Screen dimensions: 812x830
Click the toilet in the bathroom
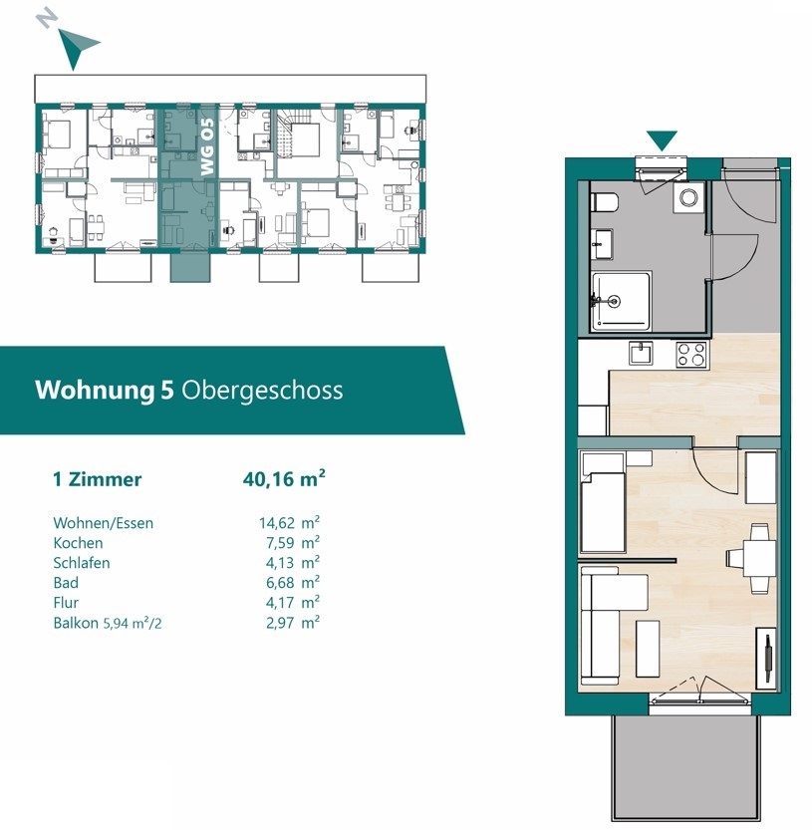(x=604, y=202)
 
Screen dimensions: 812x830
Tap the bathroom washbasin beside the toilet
(x=602, y=244)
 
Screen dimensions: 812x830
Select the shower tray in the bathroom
(x=621, y=301)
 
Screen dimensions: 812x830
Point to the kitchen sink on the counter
(x=641, y=353)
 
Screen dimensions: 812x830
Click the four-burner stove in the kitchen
(x=691, y=354)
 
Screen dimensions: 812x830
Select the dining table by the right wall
(x=759, y=557)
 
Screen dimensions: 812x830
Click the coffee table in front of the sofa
(x=648, y=648)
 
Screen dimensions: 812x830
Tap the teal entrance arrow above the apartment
(x=662, y=140)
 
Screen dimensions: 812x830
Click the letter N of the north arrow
(x=47, y=19)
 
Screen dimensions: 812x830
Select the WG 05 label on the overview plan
(x=207, y=146)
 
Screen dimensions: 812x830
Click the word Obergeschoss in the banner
(x=262, y=391)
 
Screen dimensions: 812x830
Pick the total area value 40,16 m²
(x=284, y=478)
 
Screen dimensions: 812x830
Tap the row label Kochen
(x=78, y=543)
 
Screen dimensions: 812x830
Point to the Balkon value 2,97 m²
(x=293, y=622)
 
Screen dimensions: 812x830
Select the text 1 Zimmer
(x=98, y=479)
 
